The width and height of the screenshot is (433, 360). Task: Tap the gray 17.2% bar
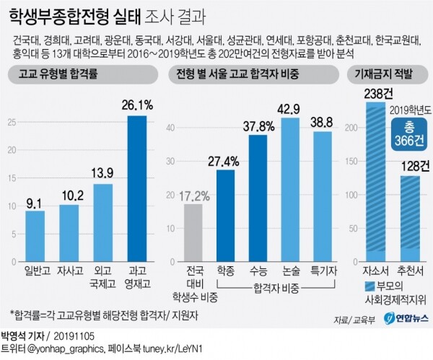click(193, 234)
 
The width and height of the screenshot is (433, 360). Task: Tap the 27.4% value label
click(224, 160)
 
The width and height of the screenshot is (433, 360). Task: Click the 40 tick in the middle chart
click(171, 128)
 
